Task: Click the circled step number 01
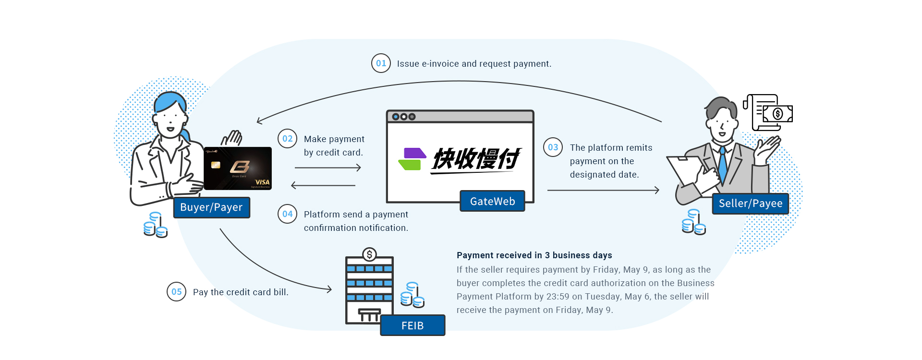tap(381, 63)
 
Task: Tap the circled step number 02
tap(287, 139)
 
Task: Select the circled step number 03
tap(553, 147)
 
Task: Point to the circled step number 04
tap(287, 214)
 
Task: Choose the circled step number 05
tap(176, 292)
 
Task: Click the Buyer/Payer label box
tap(211, 207)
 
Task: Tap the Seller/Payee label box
tap(750, 204)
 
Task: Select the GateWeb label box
tap(492, 202)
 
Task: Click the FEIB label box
tap(412, 325)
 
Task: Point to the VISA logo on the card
tap(262, 182)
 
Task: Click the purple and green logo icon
tap(412, 159)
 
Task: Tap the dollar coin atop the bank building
tap(369, 254)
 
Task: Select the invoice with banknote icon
tap(768, 113)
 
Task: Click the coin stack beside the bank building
tap(412, 295)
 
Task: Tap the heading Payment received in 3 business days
tap(534, 255)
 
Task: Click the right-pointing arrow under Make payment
tap(328, 168)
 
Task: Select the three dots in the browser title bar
tap(403, 117)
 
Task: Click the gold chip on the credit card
tap(216, 165)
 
